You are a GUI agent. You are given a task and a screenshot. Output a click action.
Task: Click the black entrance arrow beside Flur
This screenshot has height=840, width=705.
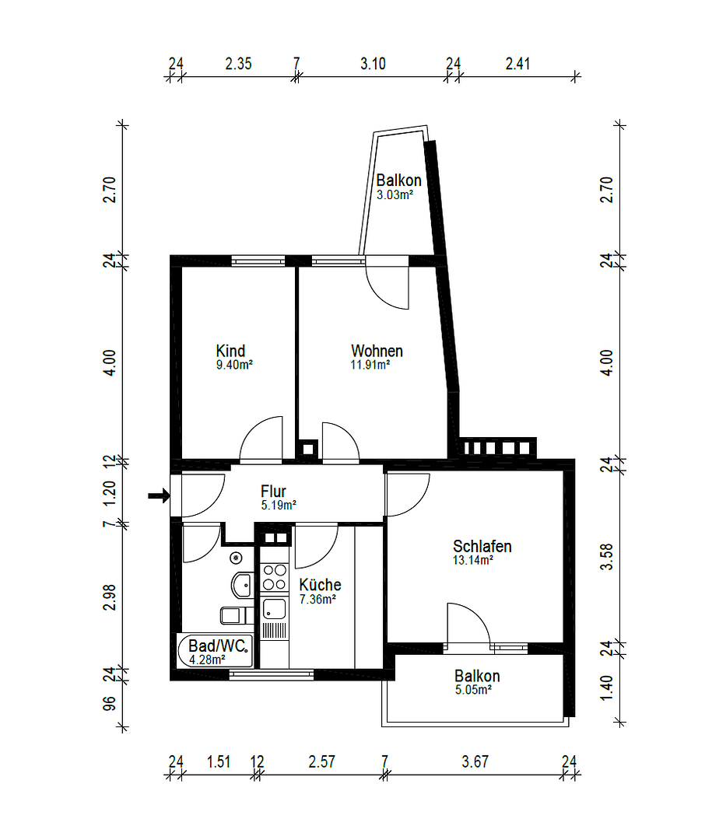tap(159, 495)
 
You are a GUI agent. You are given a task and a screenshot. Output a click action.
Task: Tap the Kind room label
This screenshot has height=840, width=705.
tap(231, 351)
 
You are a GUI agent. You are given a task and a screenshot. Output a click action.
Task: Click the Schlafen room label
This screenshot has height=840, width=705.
tap(482, 546)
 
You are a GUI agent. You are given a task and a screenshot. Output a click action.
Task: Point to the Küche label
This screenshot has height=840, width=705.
tap(320, 585)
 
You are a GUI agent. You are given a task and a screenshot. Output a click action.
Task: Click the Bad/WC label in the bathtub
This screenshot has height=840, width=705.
tap(218, 646)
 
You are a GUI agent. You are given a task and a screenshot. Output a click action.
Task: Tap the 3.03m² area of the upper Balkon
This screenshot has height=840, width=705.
tap(394, 195)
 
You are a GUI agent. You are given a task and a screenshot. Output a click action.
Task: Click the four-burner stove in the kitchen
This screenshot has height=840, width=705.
tap(274, 577)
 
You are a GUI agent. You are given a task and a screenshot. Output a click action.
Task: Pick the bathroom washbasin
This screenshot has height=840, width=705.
tap(241, 583)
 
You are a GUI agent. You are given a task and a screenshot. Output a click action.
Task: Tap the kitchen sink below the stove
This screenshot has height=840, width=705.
tap(274, 608)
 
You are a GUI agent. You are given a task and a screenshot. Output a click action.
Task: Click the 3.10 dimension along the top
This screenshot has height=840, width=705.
tap(373, 65)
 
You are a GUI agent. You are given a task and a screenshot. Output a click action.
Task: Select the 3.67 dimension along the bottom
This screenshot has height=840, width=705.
tap(474, 762)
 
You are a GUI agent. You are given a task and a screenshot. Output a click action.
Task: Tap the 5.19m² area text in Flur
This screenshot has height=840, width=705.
tap(279, 505)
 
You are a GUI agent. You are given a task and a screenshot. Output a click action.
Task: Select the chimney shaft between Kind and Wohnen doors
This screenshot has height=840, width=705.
tap(308, 448)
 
